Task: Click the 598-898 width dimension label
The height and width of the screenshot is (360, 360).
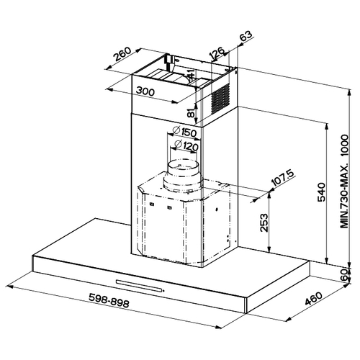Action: pyautogui.click(x=109, y=300)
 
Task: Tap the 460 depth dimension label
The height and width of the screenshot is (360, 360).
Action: pyautogui.click(x=314, y=298)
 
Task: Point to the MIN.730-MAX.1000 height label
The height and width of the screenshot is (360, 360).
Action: pyautogui.click(x=344, y=181)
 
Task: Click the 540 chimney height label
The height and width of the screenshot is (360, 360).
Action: pyautogui.click(x=321, y=192)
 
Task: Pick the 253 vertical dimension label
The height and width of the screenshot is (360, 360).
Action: pyautogui.click(x=264, y=222)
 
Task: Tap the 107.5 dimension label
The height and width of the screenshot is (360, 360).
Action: pyautogui.click(x=283, y=179)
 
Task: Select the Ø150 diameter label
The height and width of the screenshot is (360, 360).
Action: pyautogui.click(x=184, y=132)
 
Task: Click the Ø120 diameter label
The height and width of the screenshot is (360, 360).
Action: pyautogui.click(x=186, y=145)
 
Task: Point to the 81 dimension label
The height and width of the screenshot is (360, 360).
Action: pyautogui.click(x=191, y=112)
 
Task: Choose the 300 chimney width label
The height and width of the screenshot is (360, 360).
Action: pyautogui.click(x=145, y=91)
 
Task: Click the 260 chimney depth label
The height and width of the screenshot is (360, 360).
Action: pyautogui.click(x=122, y=54)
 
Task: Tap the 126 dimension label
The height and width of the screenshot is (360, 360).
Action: pyautogui.click(x=217, y=53)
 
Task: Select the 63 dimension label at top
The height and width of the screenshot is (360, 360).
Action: pyautogui.click(x=246, y=36)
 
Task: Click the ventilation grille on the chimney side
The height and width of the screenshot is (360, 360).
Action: pyautogui.click(x=220, y=99)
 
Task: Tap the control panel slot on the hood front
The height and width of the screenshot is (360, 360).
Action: pyautogui.click(x=139, y=286)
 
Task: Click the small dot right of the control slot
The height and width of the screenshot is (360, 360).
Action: pyautogui.click(x=163, y=291)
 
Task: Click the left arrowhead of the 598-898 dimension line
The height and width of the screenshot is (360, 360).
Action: pyautogui.click(x=11, y=287)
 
